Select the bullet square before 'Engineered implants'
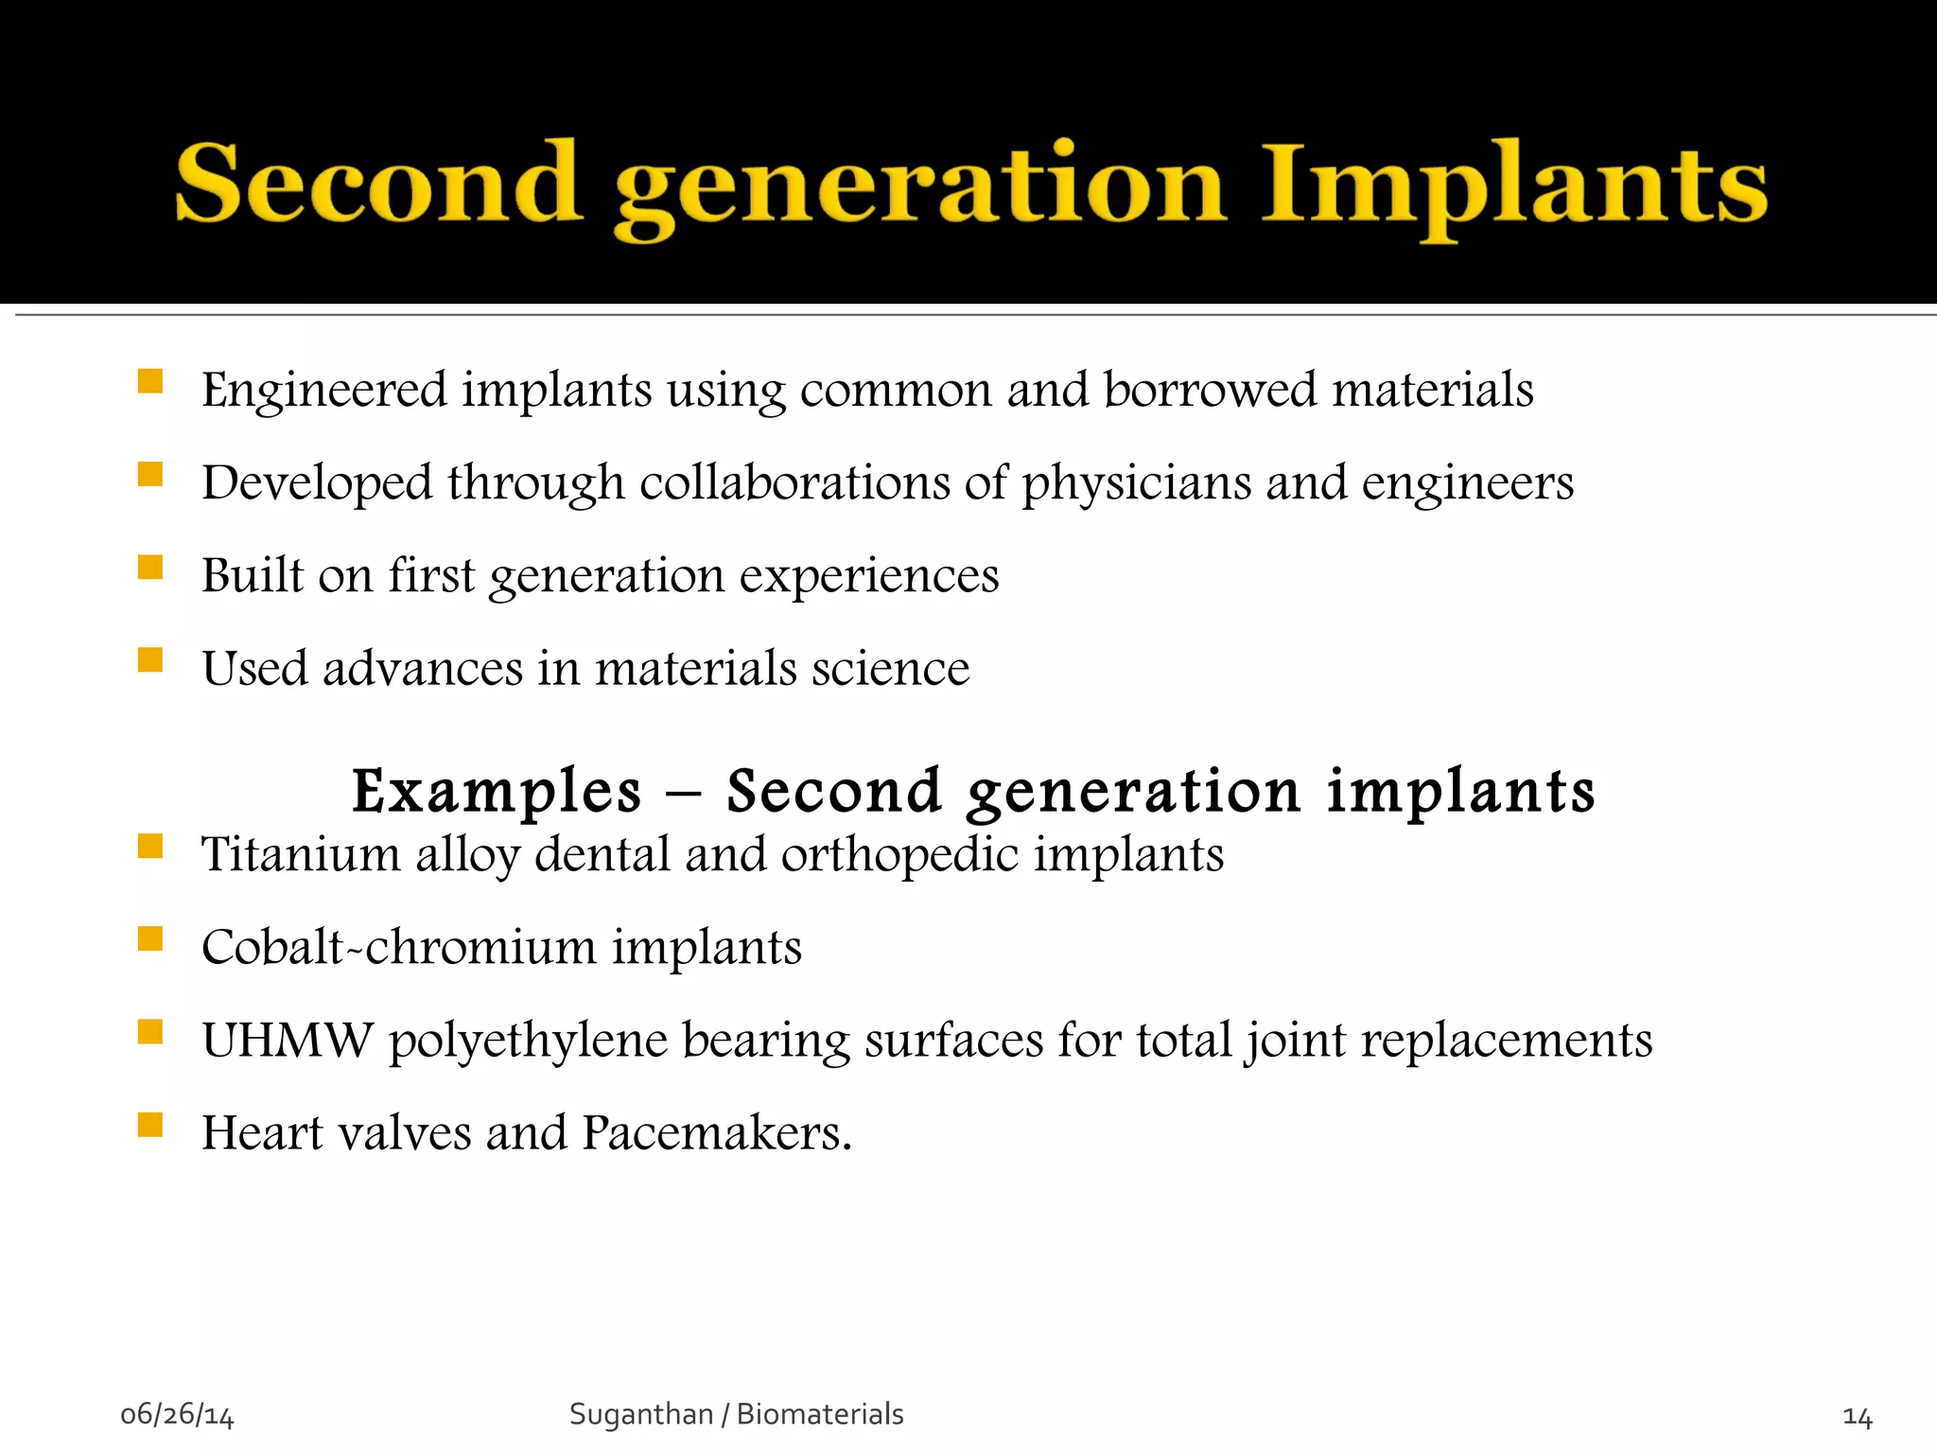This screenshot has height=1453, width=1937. [150, 381]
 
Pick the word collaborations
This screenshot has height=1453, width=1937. [794, 482]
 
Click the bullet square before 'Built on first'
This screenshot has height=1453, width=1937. [150, 567]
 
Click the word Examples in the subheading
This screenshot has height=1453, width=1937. [497, 792]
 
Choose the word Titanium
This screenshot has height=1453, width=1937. [301, 854]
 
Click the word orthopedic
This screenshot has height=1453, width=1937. [899, 856]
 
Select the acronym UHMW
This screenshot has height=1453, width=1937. [288, 1040]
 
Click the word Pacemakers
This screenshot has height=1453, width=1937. [716, 1132]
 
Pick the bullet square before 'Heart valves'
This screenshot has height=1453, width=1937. [150, 1124]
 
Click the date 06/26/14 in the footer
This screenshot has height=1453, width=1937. [177, 1415]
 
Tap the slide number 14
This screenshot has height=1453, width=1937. [1857, 1417]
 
